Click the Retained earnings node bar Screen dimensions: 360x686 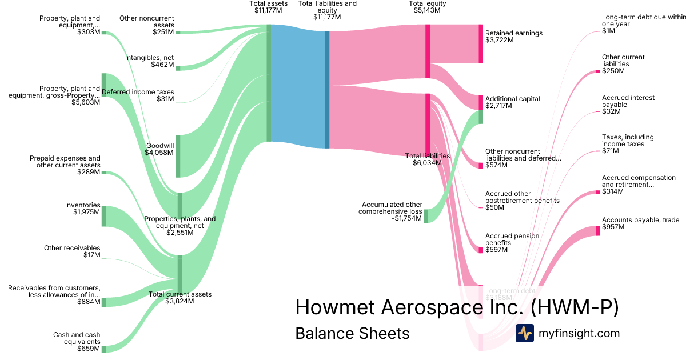click(481, 44)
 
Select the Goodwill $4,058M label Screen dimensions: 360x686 click(159, 149)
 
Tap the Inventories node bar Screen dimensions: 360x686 click(104, 216)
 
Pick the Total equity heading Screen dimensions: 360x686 click(428, 3)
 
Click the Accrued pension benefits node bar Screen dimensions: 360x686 click(481, 250)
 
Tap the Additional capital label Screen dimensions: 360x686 click(512, 99)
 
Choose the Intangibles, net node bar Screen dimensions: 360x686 click(178, 68)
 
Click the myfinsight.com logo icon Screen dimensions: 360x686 click(524, 333)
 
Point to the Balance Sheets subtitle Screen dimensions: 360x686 click(352, 333)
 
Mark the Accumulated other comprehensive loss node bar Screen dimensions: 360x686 click(426, 215)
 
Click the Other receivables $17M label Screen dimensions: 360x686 click(72, 251)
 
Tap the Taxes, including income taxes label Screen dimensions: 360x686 click(628, 141)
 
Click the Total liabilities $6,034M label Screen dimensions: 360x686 click(428, 159)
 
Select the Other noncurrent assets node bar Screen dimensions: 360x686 click(178, 33)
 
